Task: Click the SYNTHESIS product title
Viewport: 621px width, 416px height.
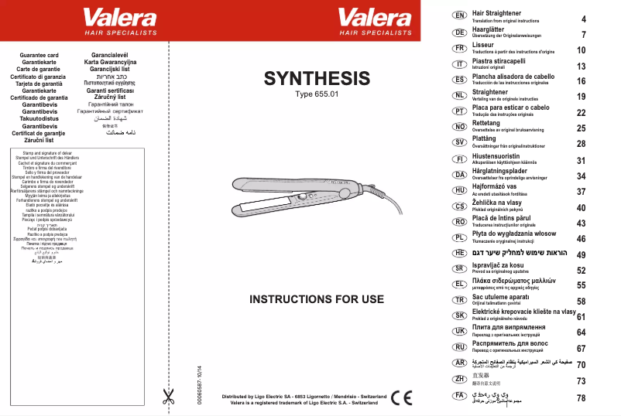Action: [317, 78]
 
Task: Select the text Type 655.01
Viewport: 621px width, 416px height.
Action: [317, 94]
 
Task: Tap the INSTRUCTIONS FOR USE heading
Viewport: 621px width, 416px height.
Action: [317, 299]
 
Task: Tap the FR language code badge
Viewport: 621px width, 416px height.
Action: [458, 48]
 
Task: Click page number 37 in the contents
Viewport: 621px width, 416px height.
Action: [582, 191]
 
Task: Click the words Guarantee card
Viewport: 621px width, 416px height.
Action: [39, 56]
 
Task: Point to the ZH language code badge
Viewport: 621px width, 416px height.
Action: [458, 379]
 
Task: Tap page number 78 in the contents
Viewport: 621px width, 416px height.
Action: [582, 398]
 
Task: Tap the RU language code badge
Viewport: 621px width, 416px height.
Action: [458, 347]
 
